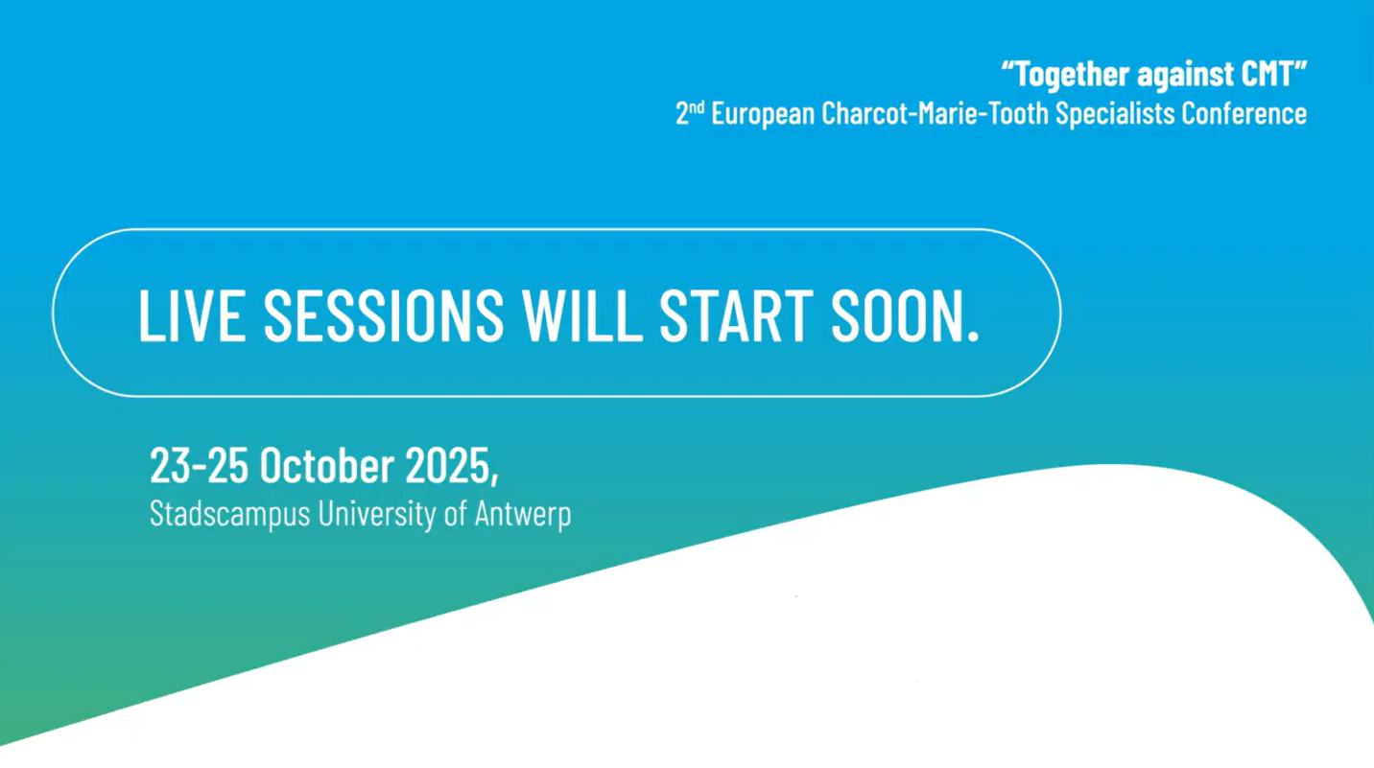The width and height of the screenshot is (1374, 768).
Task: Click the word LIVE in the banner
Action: tap(192, 315)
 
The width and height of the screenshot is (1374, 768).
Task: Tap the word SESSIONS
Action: tap(384, 315)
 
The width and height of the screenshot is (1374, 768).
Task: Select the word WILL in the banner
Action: tap(582, 315)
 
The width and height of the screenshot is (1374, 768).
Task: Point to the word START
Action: tap(736, 315)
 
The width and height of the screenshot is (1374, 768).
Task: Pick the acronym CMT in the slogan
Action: tap(1267, 74)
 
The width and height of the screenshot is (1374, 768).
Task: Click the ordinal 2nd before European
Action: tap(690, 113)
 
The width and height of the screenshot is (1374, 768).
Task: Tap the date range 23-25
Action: tap(199, 465)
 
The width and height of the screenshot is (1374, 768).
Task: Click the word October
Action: tap(326, 465)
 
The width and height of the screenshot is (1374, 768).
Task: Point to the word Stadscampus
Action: tap(230, 514)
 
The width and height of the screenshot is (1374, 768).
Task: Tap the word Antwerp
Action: tap(523, 514)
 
